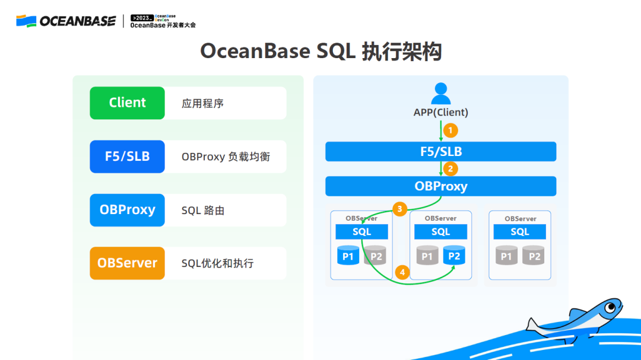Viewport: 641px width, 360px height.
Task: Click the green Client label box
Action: click(127, 103)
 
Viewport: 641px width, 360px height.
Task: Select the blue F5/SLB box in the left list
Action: click(127, 157)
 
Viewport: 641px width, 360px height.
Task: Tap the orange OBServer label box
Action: click(127, 263)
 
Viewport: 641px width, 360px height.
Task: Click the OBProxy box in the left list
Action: click(127, 210)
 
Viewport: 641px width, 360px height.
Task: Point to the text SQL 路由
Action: click(203, 211)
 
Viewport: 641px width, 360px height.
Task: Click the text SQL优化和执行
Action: click(217, 263)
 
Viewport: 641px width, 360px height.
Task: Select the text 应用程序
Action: click(202, 103)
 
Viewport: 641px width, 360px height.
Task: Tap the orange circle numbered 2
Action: click(450, 168)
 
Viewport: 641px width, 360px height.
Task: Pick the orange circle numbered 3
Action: click(400, 209)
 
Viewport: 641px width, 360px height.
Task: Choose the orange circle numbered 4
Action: click(402, 272)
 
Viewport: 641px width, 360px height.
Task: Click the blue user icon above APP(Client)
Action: click(440, 94)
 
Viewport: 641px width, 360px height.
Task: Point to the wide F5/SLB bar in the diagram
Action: click(440, 151)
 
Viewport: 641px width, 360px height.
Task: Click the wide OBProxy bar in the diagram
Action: click(440, 186)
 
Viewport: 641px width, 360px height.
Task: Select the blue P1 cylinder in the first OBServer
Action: click(348, 255)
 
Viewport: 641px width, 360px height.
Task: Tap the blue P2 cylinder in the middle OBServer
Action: click(454, 255)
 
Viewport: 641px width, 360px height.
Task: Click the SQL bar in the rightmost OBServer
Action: click(520, 232)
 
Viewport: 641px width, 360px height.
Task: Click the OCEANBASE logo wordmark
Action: click(77, 21)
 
